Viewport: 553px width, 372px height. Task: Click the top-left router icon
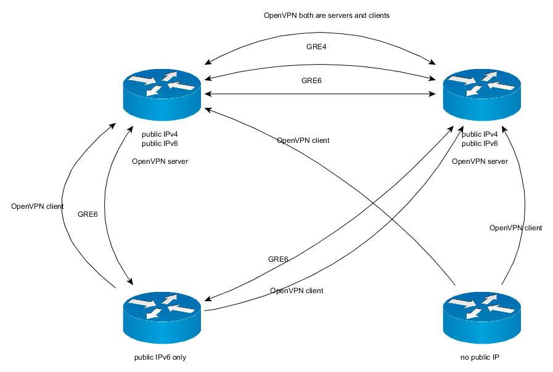pos(162,93)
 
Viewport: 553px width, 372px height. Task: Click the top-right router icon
pos(481,93)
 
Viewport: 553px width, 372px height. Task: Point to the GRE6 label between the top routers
pos(311,81)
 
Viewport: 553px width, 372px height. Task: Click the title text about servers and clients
pos(326,15)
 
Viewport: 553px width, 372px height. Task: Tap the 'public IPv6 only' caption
pos(160,357)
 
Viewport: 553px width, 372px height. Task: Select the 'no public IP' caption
pos(480,357)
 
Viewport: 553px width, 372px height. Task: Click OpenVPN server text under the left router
pos(160,161)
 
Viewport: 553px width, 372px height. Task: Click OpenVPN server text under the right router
pos(480,161)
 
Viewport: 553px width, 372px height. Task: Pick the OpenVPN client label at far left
pos(37,206)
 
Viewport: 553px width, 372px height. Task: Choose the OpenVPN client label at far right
pos(515,228)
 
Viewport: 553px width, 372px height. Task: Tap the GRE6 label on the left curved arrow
pos(88,215)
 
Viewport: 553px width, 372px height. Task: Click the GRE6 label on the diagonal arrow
pos(278,259)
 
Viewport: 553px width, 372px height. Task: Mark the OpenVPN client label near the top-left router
pos(303,140)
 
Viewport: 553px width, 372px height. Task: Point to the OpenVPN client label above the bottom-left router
pos(297,290)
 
